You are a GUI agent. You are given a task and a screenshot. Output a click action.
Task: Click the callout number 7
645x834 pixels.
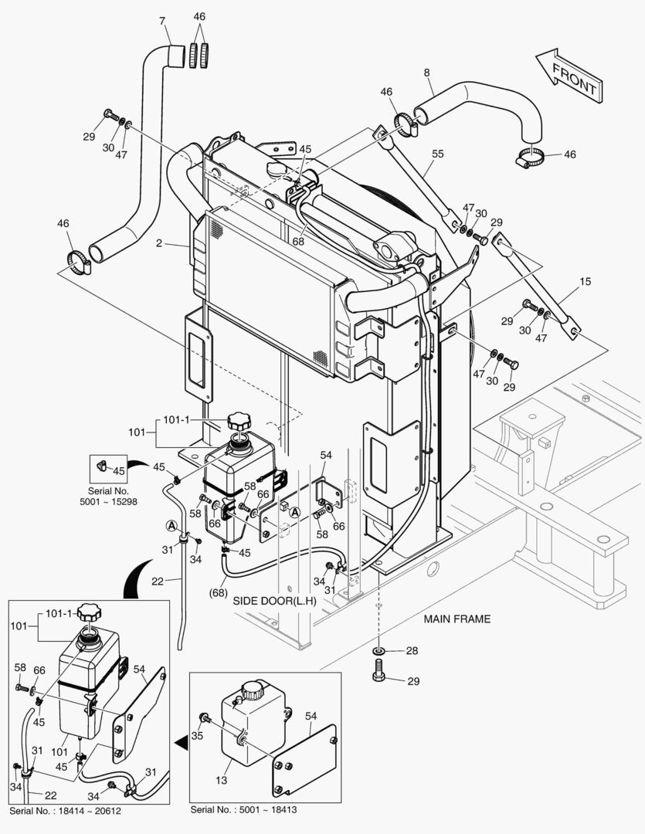[x=162, y=22]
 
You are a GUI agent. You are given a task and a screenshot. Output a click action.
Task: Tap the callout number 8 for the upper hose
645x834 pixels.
[x=427, y=73]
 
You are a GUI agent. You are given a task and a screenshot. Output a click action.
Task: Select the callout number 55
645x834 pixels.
[x=437, y=154]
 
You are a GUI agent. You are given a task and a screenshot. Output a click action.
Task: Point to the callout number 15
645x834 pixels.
[x=585, y=281]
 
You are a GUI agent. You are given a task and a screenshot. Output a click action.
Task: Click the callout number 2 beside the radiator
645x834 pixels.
[x=158, y=243]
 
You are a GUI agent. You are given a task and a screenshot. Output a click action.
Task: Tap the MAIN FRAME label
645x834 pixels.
[x=457, y=619]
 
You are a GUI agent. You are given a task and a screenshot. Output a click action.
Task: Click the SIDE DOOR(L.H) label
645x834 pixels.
[x=274, y=601]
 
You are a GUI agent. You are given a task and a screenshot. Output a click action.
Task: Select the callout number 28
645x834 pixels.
[x=412, y=650]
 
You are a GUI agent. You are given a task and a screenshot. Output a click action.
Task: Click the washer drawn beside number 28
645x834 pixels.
[x=379, y=650]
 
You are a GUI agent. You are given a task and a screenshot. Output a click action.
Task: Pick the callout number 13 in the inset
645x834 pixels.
[x=222, y=780]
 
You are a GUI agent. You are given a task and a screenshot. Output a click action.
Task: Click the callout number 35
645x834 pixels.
[x=197, y=736]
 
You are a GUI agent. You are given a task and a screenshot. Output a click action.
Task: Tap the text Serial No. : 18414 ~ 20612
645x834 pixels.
[x=66, y=811]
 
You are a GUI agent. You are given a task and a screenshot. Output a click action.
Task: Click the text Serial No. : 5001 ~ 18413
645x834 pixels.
[x=244, y=809]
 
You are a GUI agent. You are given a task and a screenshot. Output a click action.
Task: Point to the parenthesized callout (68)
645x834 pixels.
[x=218, y=592]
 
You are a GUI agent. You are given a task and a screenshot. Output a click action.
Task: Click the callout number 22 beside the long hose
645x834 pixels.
[x=157, y=581]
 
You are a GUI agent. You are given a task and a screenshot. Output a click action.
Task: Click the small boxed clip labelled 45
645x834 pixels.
[x=102, y=466]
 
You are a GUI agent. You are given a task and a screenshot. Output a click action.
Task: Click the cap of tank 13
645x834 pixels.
[x=251, y=690]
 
